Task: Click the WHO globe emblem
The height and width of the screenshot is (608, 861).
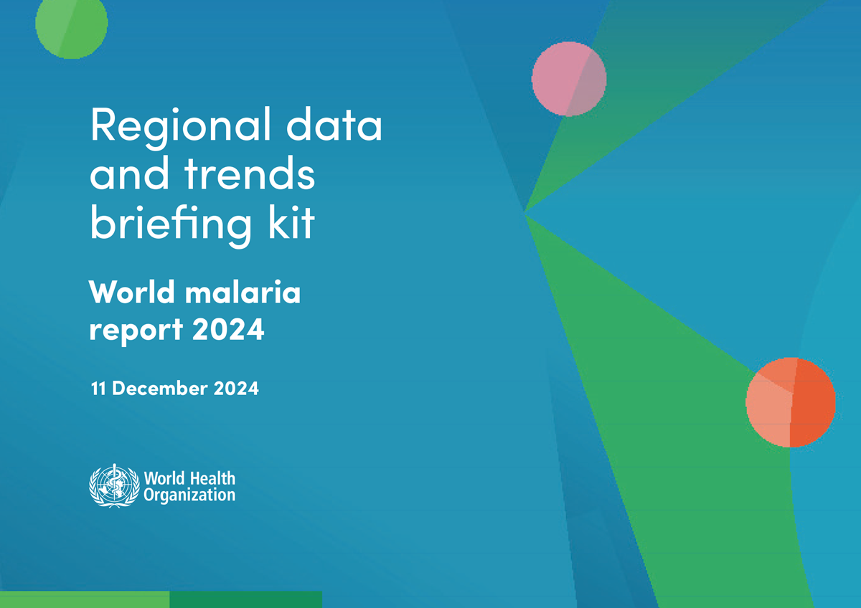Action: point(113,485)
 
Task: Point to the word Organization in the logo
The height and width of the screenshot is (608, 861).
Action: point(189,495)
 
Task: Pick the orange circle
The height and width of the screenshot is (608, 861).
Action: point(790,402)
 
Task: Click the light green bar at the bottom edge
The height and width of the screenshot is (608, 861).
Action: point(85,599)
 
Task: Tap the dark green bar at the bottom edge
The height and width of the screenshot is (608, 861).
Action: point(245,599)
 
